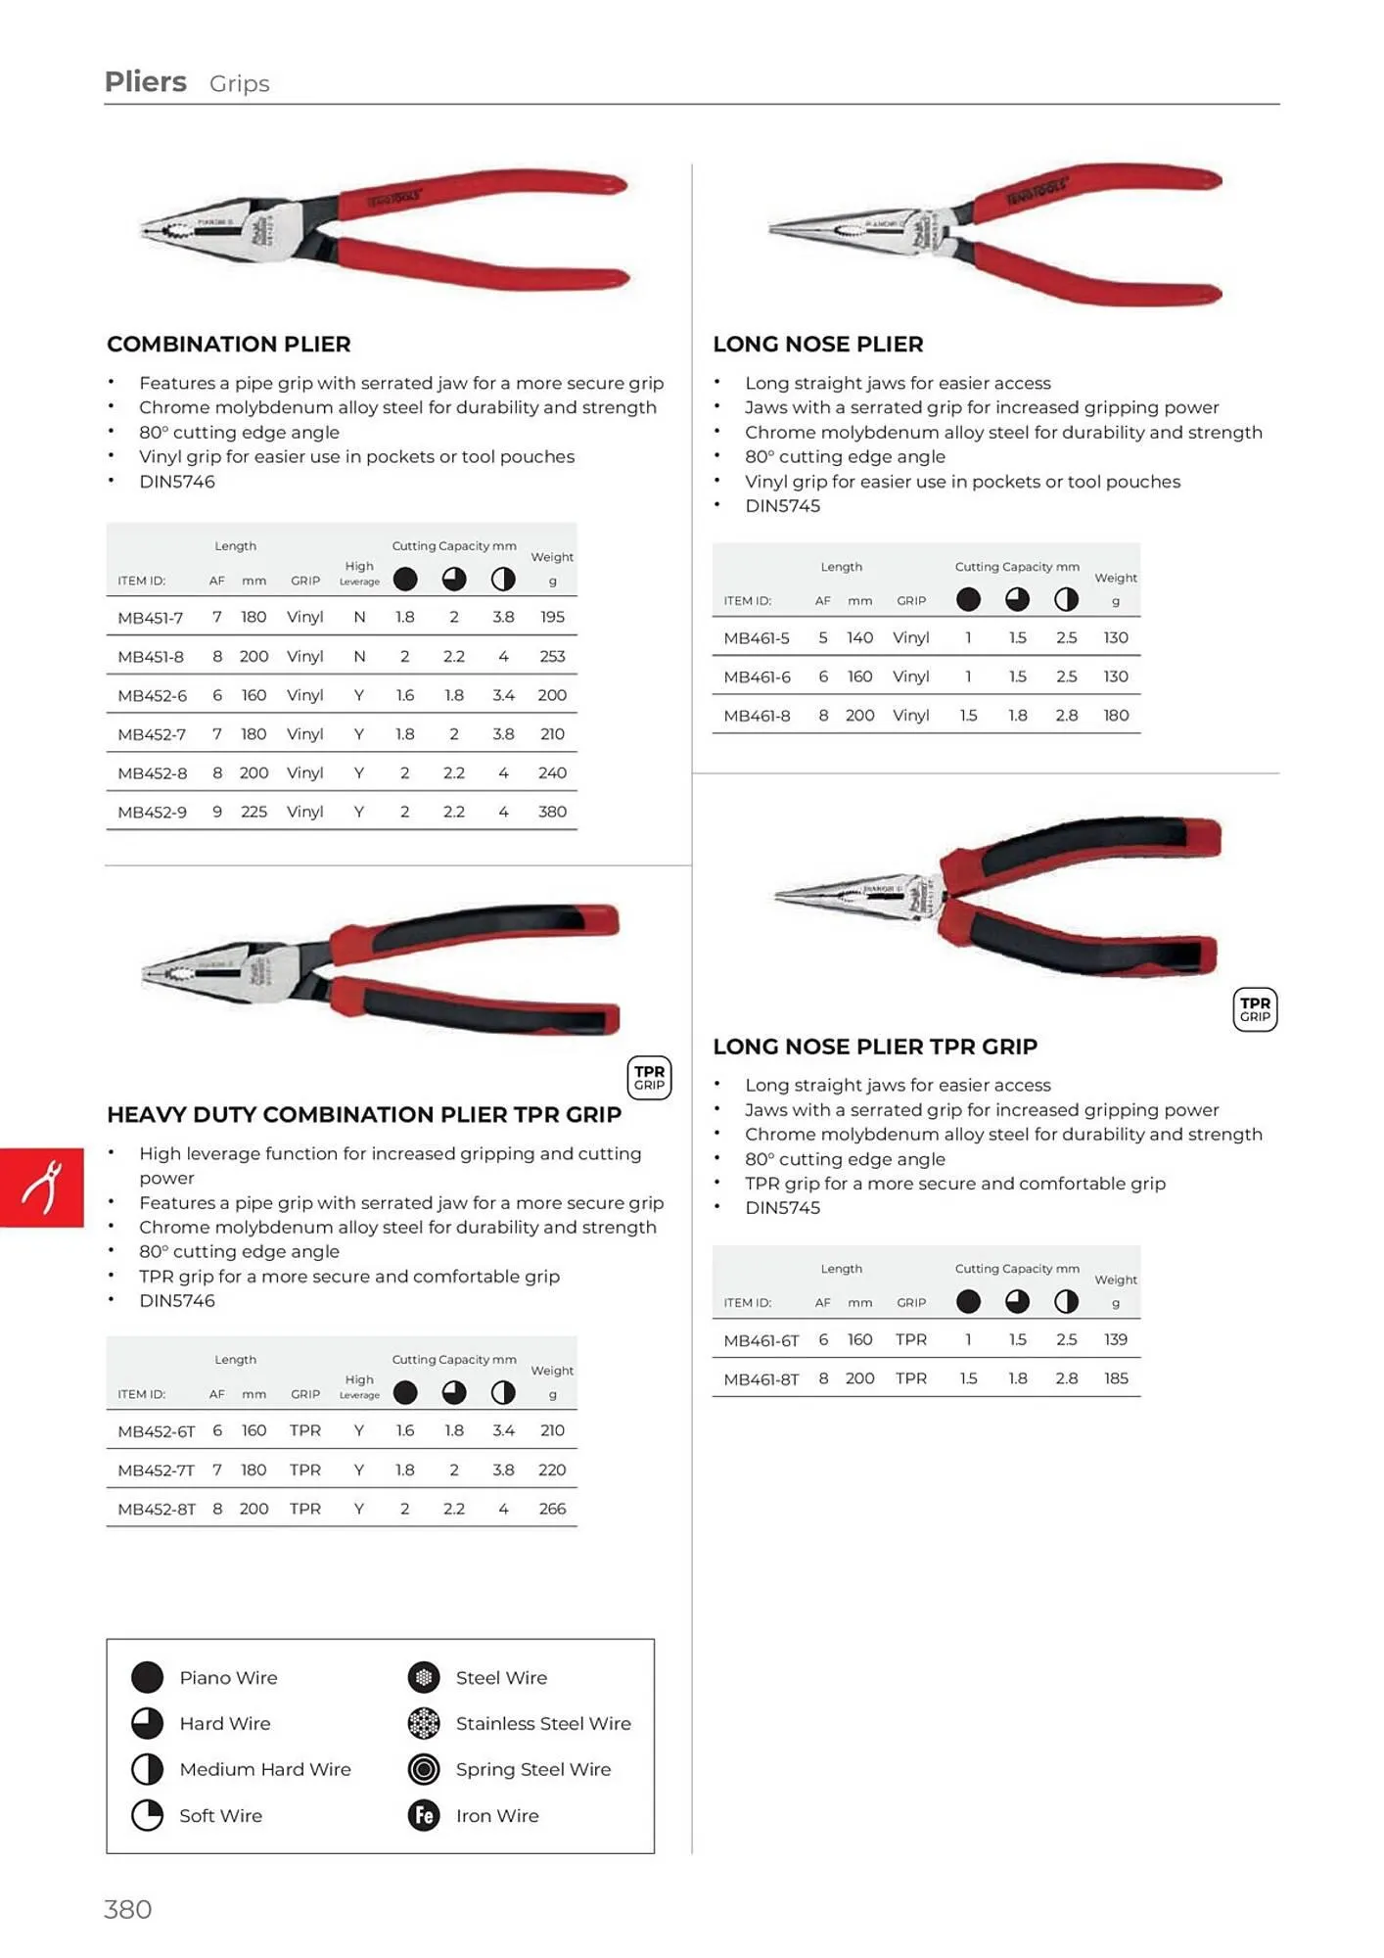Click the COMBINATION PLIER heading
click(x=228, y=345)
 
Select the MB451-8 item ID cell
click(x=151, y=657)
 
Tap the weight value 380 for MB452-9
click(x=552, y=812)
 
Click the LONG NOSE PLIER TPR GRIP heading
click(x=875, y=1047)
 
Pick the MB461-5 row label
click(x=757, y=638)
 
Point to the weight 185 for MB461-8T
click(x=1116, y=1378)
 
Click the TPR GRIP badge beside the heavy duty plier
click(x=649, y=1078)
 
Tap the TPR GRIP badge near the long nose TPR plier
click(x=1255, y=1009)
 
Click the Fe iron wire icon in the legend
click(x=424, y=1815)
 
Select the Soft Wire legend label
click(x=220, y=1816)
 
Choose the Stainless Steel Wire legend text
click(x=543, y=1724)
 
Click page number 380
click(x=128, y=1909)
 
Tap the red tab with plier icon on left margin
click(x=42, y=1188)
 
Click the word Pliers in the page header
click(x=146, y=82)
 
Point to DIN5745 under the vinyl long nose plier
click(x=782, y=506)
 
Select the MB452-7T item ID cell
click(x=156, y=1470)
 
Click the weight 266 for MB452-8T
click(x=552, y=1510)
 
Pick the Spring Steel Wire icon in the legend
click(x=424, y=1769)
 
